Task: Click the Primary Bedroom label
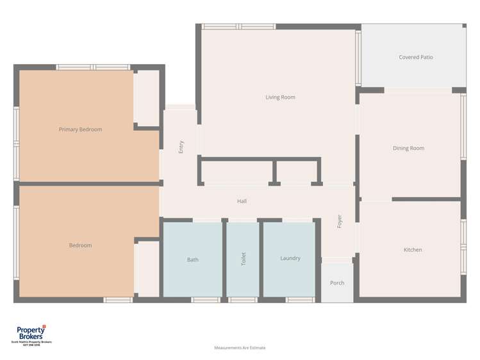click(x=80, y=129)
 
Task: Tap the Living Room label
click(x=280, y=97)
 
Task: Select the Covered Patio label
click(x=416, y=58)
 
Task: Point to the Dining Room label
click(x=408, y=149)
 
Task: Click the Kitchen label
click(x=413, y=250)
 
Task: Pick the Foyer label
click(x=340, y=221)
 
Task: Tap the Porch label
click(x=337, y=283)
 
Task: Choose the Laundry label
click(x=290, y=258)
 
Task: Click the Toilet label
click(x=243, y=259)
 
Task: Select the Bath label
click(x=193, y=260)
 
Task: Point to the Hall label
click(x=242, y=201)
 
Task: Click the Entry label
click(x=181, y=147)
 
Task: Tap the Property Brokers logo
click(x=30, y=333)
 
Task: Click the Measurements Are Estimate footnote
click(x=240, y=348)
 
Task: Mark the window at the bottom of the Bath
click(x=206, y=300)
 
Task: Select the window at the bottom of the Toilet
click(x=243, y=300)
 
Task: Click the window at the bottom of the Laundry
click(x=299, y=300)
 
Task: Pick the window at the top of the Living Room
click(x=238, y=27)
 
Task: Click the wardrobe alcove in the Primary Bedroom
click(x=147, y=98)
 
